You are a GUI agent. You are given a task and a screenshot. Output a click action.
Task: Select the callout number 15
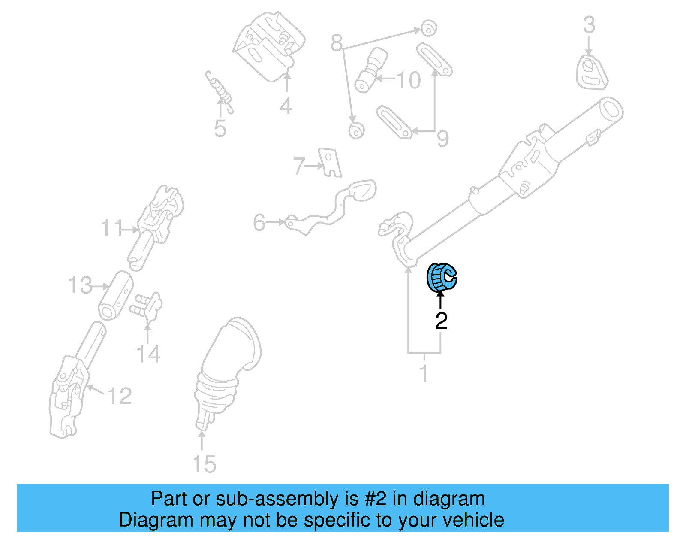click(204, 464)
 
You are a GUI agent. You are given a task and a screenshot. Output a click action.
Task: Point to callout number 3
click(589, 25)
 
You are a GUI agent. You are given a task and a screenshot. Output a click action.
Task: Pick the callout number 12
click(120, 396)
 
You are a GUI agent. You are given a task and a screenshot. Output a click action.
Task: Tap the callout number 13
click(80, 285)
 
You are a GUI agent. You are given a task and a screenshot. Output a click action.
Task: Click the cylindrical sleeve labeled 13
click(116, 296)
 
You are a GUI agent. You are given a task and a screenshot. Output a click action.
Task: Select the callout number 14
click(148, 354)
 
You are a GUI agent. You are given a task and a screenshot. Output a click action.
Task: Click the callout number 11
click(111, 229)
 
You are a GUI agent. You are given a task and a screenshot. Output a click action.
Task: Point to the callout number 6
click(259, 223)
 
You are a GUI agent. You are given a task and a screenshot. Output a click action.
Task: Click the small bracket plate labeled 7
click(330, 163)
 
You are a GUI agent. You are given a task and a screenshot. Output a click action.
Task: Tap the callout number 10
click(408, 80)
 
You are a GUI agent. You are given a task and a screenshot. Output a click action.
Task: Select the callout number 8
click(337, 43)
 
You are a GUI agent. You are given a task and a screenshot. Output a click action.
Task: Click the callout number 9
click(442, 138)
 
